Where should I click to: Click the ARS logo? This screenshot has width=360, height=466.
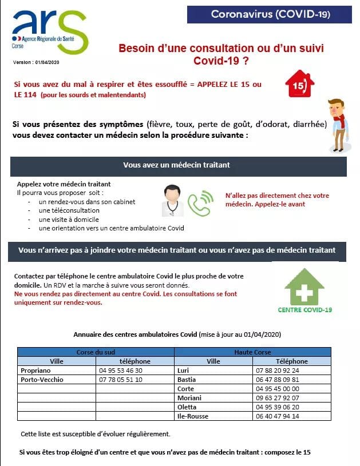(x=50, y=31)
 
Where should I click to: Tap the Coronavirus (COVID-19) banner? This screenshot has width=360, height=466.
(x=270, y=14)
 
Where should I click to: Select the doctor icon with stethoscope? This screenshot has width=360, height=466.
(x=170, y=201)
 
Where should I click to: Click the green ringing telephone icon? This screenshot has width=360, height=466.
(x=200, y=203)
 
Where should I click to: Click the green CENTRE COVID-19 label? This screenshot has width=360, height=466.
(x=304, y=310)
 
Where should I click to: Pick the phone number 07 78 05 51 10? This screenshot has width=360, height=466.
(x=121, y=379)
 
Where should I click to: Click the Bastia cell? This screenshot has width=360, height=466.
(x=187, y=379)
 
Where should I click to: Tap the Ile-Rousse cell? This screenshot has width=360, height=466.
(x=192, y=416)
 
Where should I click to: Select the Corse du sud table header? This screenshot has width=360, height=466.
(x=96, y=352)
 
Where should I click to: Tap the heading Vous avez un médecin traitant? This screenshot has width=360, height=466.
(x=176, y=165)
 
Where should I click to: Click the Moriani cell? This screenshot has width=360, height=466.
(x=189, y=397)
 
